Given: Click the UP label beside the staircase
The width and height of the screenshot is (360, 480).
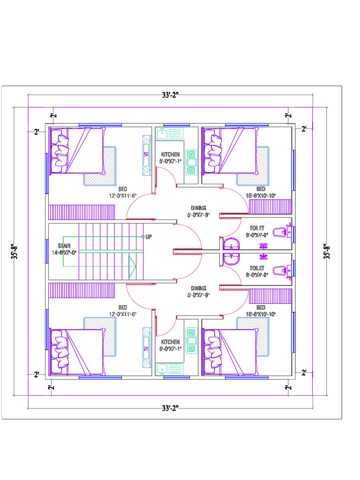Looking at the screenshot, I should tap(149, 237).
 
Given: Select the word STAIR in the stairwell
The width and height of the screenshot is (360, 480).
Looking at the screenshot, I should tap(64, 246).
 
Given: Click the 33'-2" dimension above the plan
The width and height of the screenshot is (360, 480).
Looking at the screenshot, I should tap(170, 95).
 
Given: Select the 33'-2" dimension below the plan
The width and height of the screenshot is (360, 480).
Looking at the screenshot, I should tap(170, 408).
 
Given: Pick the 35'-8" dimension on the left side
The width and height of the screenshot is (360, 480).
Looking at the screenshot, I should tap(16, 251).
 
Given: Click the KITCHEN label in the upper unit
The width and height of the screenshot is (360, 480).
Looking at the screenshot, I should tap(170, 154).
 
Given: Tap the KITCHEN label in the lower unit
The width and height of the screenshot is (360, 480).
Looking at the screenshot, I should tap(170, 342).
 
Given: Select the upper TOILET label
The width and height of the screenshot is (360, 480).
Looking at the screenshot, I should tap(257, 229).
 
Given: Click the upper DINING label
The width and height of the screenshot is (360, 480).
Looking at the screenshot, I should tap(199, 208).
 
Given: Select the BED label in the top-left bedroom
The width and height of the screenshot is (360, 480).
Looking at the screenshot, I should tap(123, 189).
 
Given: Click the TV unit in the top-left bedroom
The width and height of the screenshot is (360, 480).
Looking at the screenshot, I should tap(146, 153).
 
